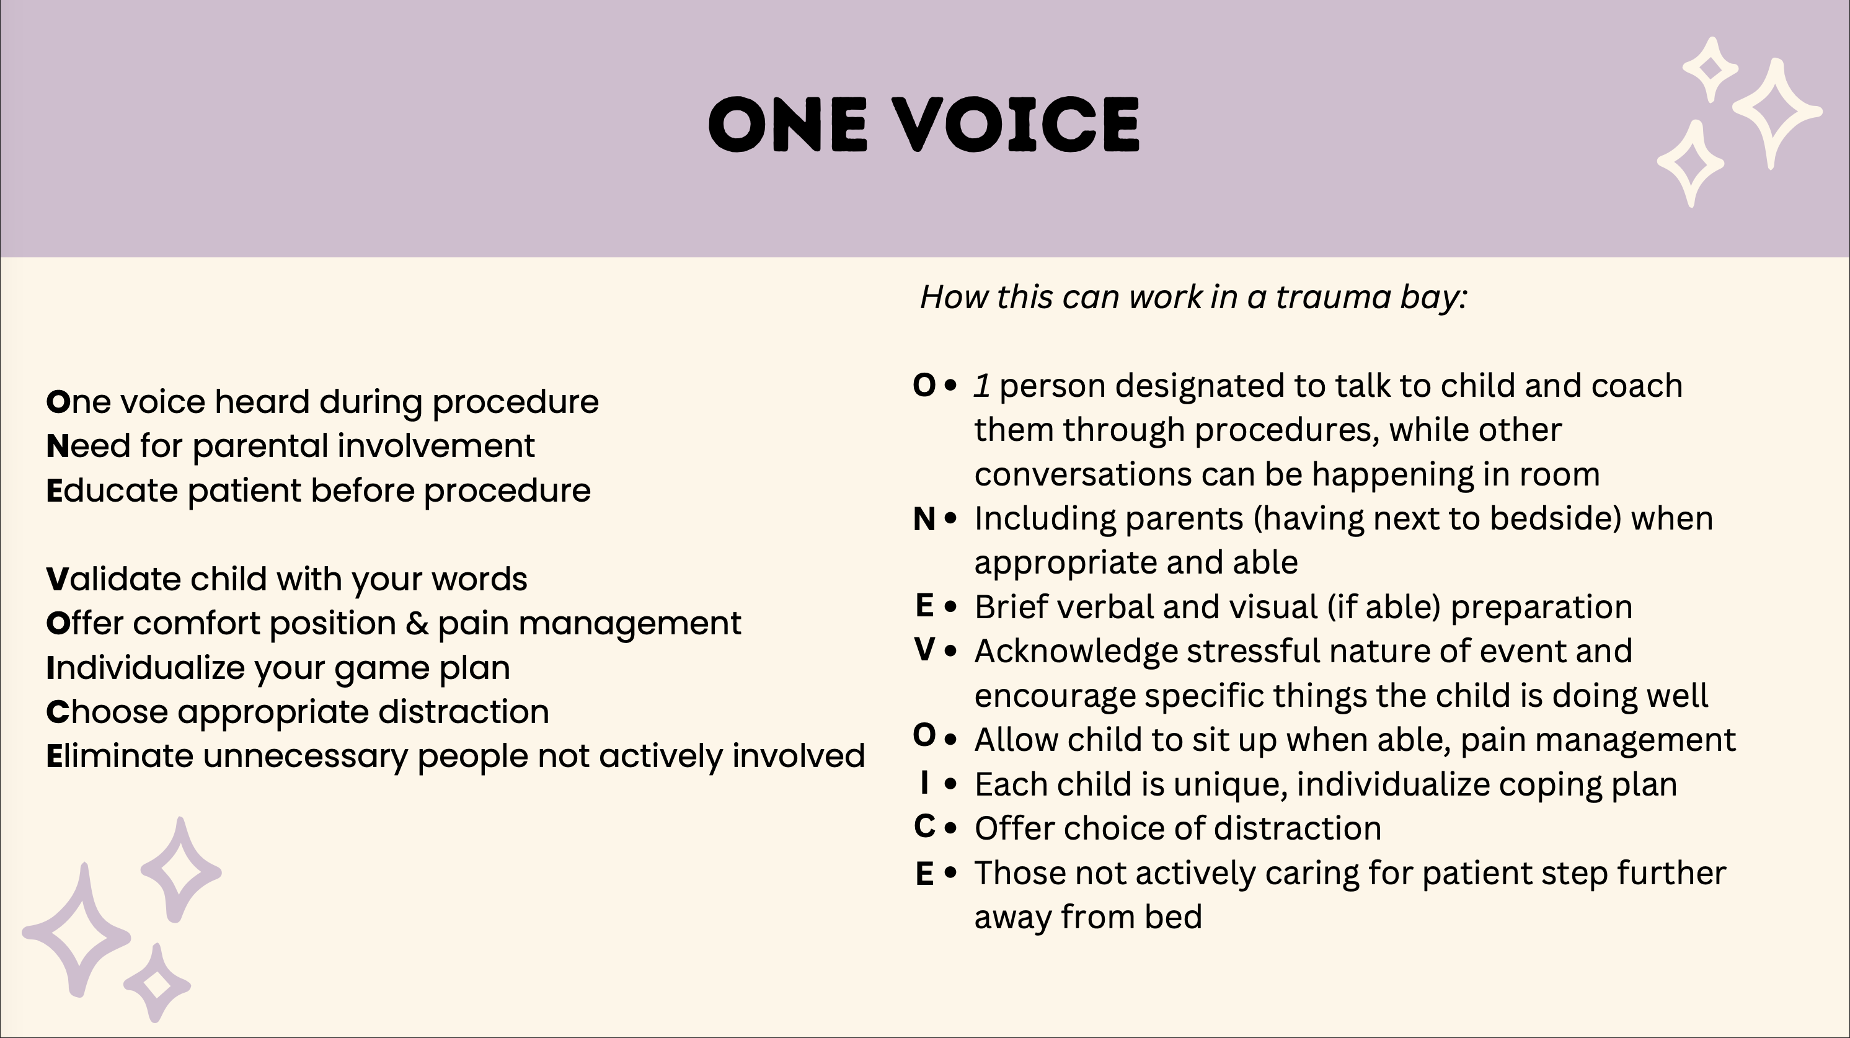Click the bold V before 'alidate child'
[x=58, y=579]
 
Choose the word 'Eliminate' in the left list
[x=119, y=756]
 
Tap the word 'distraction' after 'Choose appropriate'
[x=463, y=712]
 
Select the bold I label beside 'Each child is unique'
[x=924, y=783]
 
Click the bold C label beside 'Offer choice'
[x=924, y=826]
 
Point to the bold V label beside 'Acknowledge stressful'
[x=924, y=649]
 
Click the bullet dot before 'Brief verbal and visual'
[x=951, y=608]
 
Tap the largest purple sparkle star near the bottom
[x=77, y=930]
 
